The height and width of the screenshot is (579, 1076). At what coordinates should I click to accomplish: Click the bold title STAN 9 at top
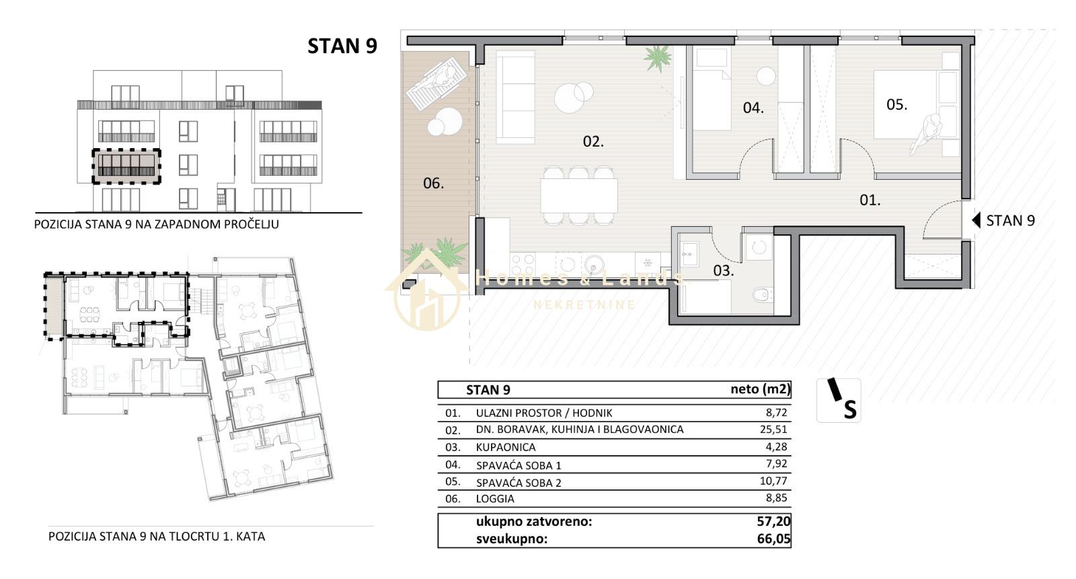click(x=342, y=46)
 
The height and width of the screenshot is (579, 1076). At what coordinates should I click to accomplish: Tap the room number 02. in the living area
click(x=593, y=141)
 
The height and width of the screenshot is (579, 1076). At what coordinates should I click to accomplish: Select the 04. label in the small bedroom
click(x=753, y=108)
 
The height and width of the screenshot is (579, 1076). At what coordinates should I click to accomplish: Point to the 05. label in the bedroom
click(x=897, y=104)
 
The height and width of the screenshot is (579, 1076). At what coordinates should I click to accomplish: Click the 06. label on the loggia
click(x=433, y=182)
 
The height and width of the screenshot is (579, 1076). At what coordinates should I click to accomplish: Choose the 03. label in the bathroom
click(x=724, y=271)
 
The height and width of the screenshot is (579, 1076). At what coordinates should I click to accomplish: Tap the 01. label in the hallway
click(x=870, y=200)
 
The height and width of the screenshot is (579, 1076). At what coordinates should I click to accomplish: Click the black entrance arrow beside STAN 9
click(x=976, y=221)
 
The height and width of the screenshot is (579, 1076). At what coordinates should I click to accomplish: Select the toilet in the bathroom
click(x=763, y=294)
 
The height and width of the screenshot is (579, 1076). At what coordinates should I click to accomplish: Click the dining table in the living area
click(x=579, y=195)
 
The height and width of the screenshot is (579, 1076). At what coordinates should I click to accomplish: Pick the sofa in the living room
click(x=515, y=97)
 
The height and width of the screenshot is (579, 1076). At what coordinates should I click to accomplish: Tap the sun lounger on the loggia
click(x=436, y=83)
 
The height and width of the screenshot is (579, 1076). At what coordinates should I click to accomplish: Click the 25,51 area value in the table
click(x=773, y=429)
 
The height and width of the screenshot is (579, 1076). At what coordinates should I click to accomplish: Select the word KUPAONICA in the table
click(x=505, y=447)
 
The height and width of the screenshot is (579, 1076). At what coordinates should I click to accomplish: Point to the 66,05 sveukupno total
click(x=773, y=539)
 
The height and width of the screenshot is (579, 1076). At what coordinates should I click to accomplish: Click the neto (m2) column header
click(x=761, y=389)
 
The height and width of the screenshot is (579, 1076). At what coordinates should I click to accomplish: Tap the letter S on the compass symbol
click(x=850, y=410)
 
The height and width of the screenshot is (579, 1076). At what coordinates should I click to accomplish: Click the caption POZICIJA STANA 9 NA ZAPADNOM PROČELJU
click(x=157, y=225)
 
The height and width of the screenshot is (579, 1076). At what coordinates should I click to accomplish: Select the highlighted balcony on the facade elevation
click(x=126, y=166)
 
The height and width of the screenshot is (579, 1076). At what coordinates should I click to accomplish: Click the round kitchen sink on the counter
click(x=594, y=263)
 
